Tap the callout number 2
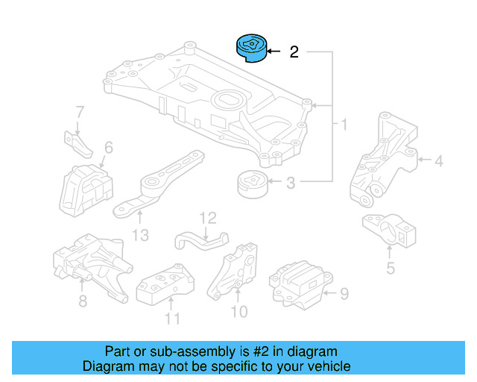click(294, 52)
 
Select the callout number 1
click(344, 124)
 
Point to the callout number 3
click(291, 182)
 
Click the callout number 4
click(439, 160)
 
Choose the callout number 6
click(109, 148)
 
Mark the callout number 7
click(80, 113)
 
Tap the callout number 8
click(82, 301)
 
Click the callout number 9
click(344, 294)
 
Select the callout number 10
click(239, 311)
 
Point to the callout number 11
click(172, 319)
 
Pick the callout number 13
click(140, 236)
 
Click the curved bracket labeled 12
click(201, 239)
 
